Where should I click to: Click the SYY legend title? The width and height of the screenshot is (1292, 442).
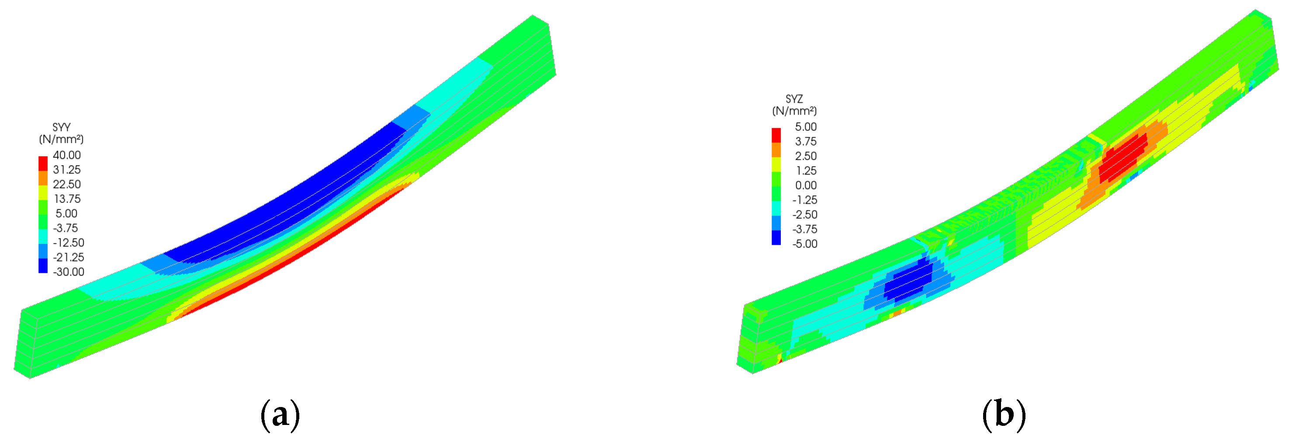61,127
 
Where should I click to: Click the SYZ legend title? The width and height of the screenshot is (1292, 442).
794,99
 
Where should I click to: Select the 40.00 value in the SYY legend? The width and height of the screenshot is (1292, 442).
67,155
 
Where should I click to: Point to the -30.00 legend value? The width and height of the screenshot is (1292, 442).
69,271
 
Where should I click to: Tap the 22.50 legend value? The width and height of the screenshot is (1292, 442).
67,184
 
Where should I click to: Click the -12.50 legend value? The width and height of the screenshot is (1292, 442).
69,242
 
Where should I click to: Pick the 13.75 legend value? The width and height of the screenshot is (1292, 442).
67,198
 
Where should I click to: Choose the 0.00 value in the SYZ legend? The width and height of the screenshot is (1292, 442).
806,185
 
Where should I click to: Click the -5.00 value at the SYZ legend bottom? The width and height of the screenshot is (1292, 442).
804,244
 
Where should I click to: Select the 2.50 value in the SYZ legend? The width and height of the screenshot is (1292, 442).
806,156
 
